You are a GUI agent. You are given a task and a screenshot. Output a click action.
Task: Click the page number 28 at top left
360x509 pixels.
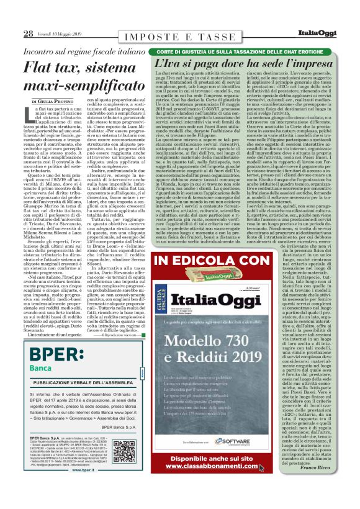(29, 33)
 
